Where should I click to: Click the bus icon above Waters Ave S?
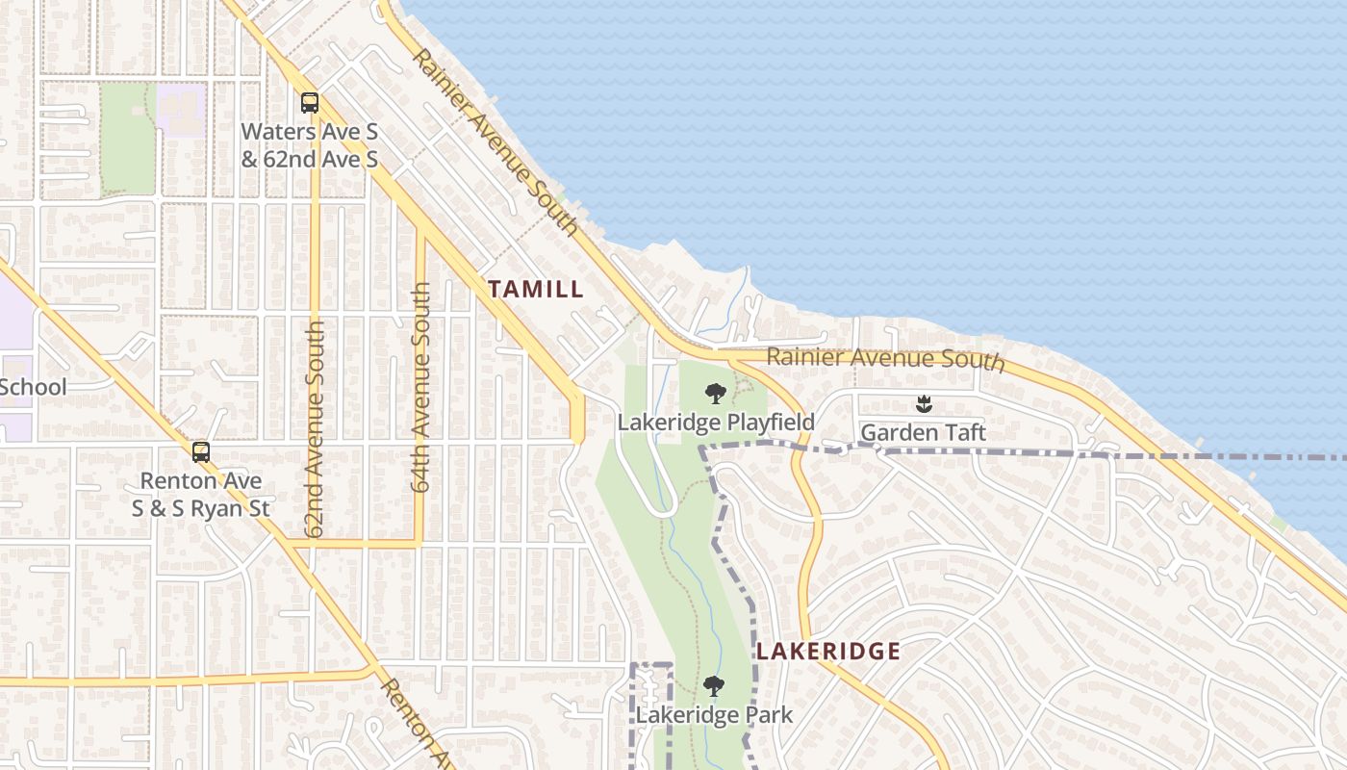coord(309,103)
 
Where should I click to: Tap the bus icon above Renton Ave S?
coord(200,451)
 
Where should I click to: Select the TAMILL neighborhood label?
coord(535,289)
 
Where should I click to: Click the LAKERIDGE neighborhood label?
coord(827,652)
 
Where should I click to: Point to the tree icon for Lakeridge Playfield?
coord(715,394)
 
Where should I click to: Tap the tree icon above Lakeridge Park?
coord(713,686)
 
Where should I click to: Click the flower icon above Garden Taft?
coord(924,404)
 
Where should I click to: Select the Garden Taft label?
coord(923,433)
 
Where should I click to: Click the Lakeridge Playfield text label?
coord(716,423)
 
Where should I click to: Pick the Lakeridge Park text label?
coord(714,715)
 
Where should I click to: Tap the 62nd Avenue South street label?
coord(315,428)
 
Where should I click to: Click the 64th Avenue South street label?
coord(421,387)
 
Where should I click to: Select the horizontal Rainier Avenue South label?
coord(885,359)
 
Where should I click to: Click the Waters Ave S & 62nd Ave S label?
coord(309,144)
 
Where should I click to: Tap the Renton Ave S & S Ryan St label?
coord(201,494)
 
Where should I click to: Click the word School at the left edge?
coord(33,387)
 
